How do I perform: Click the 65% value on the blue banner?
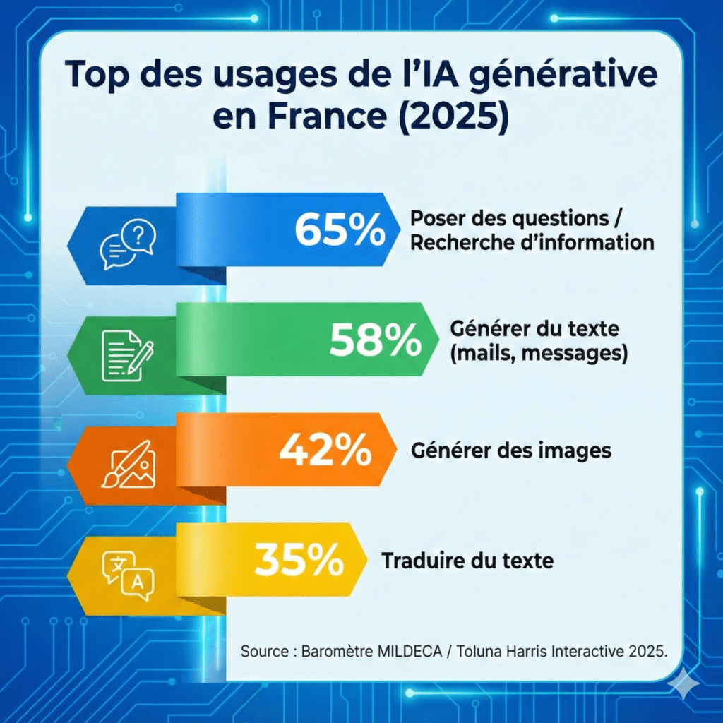(x=340, y=229)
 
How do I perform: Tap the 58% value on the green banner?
(x=374, y=340)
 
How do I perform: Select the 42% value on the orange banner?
(x=325, y=450)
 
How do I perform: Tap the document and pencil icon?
(x=127, y=355)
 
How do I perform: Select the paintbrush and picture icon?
(x=127, y=465)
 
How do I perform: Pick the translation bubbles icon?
(x=127, y=575)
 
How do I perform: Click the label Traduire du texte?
(x=467, y=561)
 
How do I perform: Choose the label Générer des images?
(x=510, y=450)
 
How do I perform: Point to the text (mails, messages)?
(x=538, y=352)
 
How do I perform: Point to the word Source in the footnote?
(x=261, y=651)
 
